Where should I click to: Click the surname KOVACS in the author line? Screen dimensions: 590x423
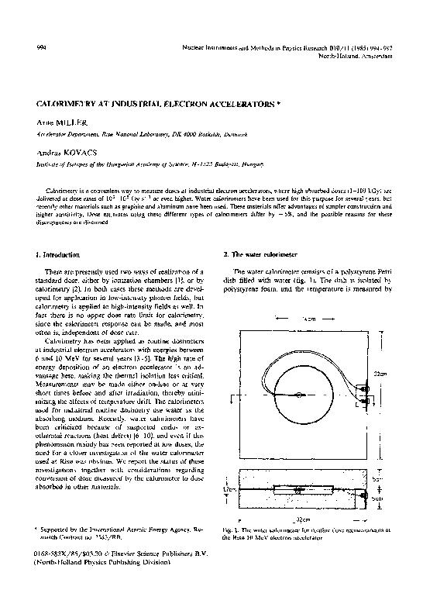(x=76, y=154)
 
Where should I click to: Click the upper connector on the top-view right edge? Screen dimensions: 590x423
(x=362, y=387)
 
